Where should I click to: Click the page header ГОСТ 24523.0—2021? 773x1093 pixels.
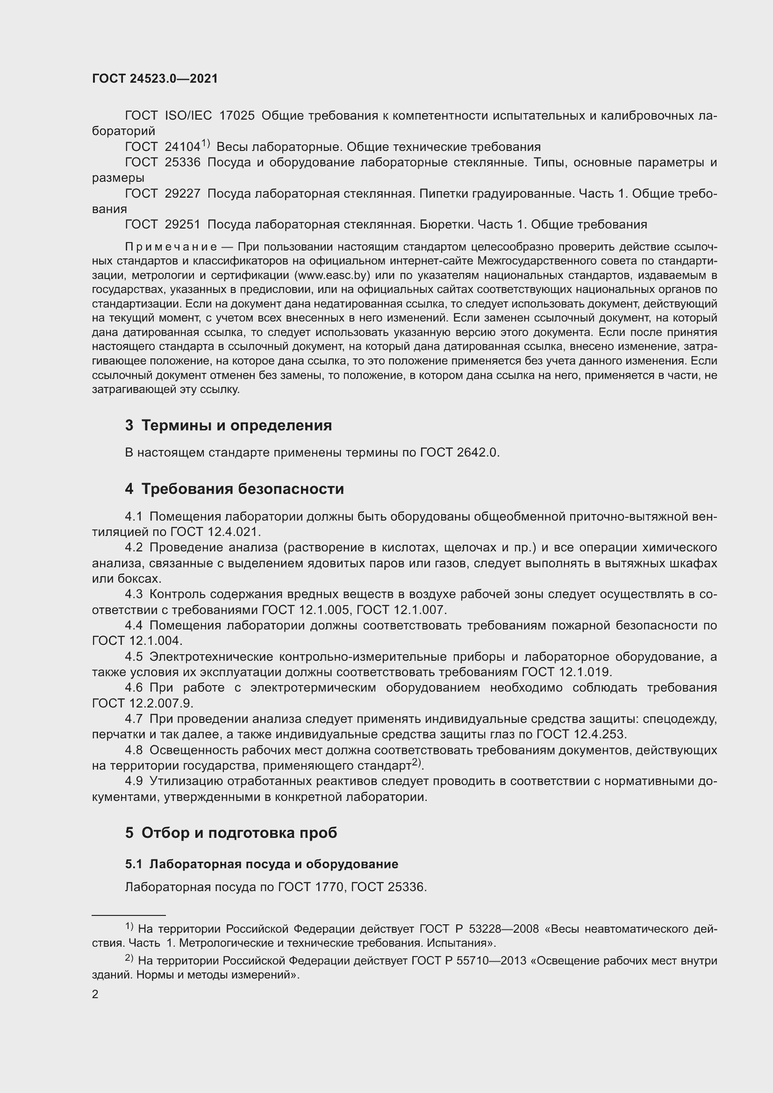[155, 79]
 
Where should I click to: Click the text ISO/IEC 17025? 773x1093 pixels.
[209, 116]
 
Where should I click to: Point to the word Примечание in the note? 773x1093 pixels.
[171, 247]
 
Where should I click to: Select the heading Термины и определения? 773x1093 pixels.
[236, 425]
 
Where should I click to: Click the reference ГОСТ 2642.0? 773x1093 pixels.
[459, 452]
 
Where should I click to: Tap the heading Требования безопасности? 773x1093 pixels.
[242, 489]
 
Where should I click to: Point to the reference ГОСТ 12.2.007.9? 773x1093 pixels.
[143, 703]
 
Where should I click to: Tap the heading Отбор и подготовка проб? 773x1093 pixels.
[239, 833]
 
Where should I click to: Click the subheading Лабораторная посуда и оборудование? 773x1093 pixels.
[274, 864]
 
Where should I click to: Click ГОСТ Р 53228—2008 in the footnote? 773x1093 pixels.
[479, 929]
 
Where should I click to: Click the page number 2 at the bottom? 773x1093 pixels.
[95, 994]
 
